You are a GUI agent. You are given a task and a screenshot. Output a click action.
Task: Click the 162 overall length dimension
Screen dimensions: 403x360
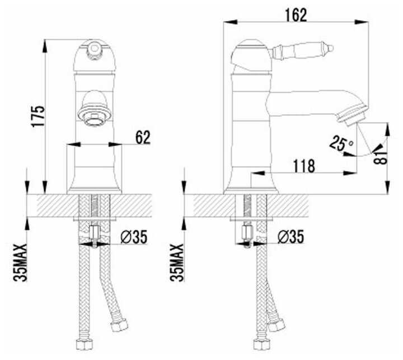pos(296,15)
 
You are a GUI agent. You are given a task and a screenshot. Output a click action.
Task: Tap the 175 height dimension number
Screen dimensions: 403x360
pos(38,116)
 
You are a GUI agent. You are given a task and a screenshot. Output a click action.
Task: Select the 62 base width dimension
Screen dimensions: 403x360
pos(143,137)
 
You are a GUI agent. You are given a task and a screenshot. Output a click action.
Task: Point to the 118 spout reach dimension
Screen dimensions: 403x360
pos(304,166)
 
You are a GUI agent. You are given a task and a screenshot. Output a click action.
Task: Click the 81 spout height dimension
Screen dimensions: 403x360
pos(381,157)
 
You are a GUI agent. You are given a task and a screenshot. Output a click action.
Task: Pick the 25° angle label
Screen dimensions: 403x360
pos(341,143)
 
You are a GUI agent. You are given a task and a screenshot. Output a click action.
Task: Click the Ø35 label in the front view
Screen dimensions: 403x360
pos(134,237)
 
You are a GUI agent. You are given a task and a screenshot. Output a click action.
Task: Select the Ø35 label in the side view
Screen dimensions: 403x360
pos(290,236)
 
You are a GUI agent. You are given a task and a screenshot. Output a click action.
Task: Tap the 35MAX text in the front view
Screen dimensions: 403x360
pos(20,263)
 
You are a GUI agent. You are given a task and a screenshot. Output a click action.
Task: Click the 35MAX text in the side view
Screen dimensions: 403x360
pos(177,263)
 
